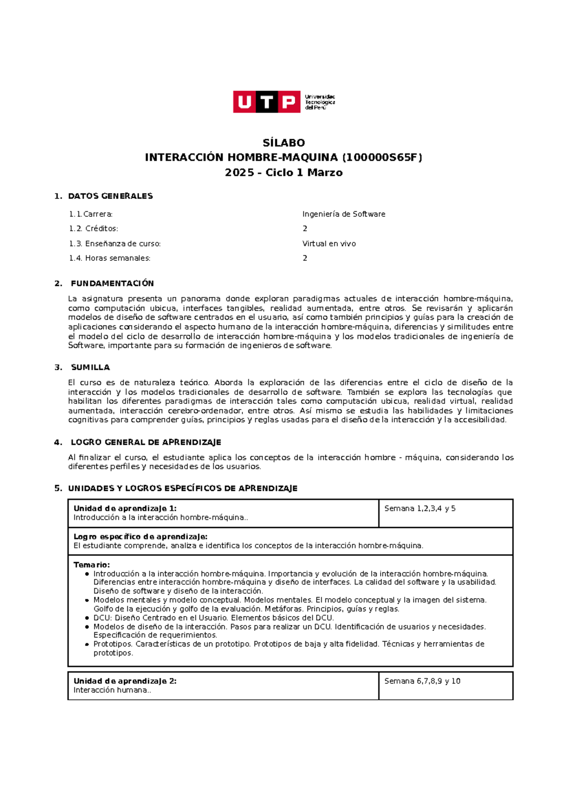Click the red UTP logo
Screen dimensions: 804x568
[266, 102]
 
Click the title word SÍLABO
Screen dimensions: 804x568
[284, 143]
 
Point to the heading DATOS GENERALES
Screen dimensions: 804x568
[110, 196]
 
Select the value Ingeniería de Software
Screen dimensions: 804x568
[344, 214]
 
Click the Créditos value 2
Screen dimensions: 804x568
[305, 229]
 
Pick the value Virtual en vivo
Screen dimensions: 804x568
[329, 244]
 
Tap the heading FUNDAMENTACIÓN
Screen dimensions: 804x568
[112, 283]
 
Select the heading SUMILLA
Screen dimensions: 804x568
[90, 367]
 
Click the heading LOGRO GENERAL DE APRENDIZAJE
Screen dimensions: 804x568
[146, 442]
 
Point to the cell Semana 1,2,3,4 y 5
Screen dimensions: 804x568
[420, 509]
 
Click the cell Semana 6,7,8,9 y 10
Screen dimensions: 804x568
[422, 681]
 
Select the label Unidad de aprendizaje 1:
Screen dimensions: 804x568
[125, 509]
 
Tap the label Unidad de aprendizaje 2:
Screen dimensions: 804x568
[125, 681]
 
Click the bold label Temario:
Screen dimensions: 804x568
[91, 565]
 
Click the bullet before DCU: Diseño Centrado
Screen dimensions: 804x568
[87, 618]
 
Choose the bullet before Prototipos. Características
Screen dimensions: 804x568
[87, 644]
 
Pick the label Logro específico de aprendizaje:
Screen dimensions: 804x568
[140, 536]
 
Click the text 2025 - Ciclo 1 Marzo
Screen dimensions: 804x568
[284, 172]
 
